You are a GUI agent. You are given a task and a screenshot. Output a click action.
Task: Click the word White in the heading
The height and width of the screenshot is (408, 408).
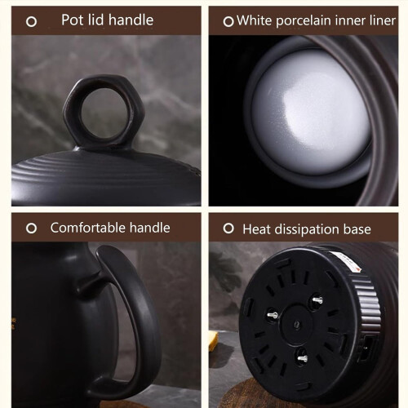(254, 20)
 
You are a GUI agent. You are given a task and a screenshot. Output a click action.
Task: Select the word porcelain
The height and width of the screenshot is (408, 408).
(303, 21)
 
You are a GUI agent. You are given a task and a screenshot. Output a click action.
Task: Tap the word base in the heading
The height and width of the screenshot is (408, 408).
(357, 229)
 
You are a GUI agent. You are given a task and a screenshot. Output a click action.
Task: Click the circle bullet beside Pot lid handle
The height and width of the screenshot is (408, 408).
(31, 21)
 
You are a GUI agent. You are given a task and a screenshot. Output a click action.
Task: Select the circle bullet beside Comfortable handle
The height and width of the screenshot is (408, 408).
(31, 228)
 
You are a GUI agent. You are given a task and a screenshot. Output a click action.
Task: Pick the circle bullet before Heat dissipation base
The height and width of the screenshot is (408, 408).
(228, 228)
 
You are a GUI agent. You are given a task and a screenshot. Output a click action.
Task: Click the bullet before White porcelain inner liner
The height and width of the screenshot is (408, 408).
(228, 21)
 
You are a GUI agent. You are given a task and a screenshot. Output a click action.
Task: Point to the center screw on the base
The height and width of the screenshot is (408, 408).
(297, 324)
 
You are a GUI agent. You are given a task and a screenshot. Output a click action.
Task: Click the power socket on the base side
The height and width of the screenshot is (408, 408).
(368, 348)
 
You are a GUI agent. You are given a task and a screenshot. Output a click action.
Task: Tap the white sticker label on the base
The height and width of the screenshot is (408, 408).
(346, 262)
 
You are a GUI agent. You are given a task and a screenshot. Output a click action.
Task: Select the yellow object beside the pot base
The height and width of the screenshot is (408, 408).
(213, 341)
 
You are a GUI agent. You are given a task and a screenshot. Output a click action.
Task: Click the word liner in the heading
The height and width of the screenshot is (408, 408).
(384, 20)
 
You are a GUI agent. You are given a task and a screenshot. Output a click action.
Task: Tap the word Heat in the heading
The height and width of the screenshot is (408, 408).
(256, 229)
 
